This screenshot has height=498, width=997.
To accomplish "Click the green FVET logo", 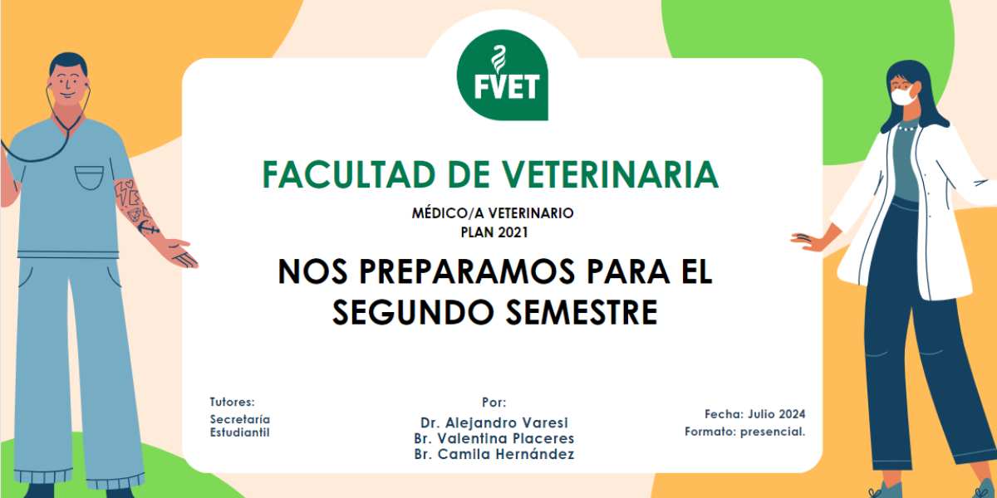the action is tap(503, 75).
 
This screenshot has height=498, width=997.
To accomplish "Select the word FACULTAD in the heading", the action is tap(349, 175).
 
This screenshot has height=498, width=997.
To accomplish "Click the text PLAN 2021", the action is tap(494, 232).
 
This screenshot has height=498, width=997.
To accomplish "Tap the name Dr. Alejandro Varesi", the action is tap(494, 422).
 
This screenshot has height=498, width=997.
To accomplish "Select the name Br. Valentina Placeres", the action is tap(494, 438).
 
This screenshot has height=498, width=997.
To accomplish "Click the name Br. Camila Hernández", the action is tap(494, 454).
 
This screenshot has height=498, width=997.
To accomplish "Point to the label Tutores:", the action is tap(233, 402).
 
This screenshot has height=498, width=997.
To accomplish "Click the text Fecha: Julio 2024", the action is tap(755, 414).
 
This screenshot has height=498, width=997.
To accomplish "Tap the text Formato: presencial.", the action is tap(745, 432).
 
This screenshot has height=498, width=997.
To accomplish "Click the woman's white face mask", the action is tap(904, 95).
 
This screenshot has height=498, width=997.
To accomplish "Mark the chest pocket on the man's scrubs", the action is tap(89, 178).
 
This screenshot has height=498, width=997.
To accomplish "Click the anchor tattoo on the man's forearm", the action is tap(147, 228).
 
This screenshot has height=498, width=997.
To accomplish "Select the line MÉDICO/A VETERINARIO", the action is tap(493, 213).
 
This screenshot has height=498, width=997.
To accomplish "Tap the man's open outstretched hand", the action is tap(179, 253).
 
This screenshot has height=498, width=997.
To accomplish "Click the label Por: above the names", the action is tap(494, 403).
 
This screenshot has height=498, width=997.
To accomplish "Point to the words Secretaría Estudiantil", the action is tap(240, 426).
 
